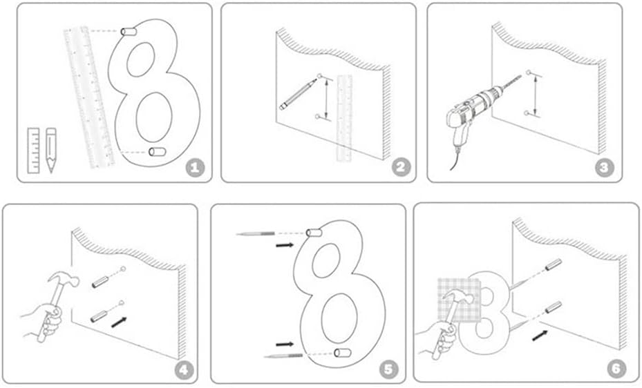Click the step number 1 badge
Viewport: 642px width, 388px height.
196,167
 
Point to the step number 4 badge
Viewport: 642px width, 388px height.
183,369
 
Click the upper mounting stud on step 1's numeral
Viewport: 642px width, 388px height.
129,32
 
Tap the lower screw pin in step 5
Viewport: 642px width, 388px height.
283,355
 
